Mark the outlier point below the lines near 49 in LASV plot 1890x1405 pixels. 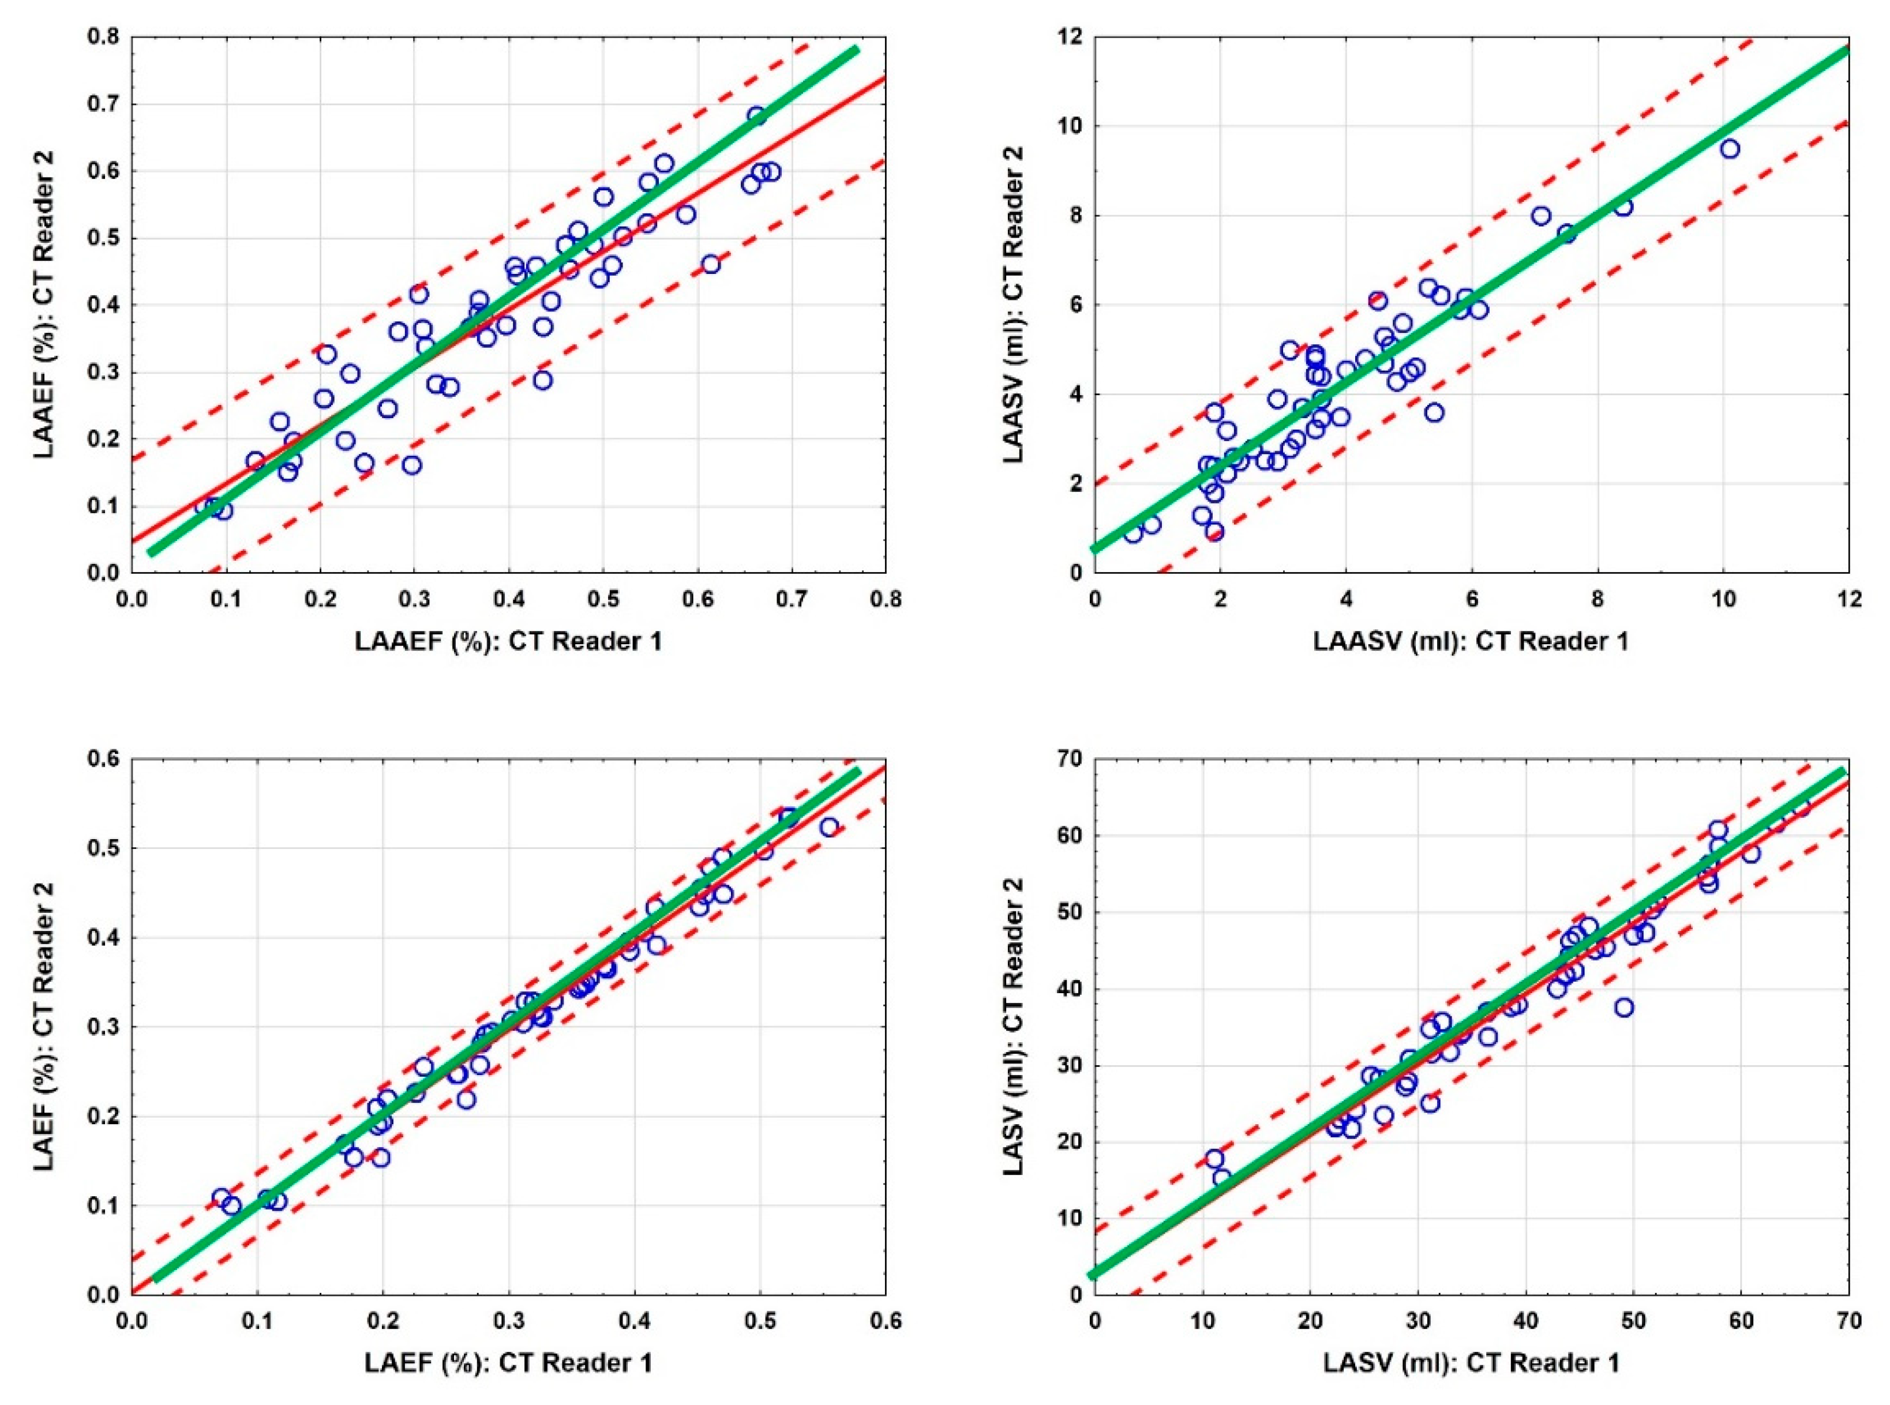pyautogui.click(x=1624, y=1007)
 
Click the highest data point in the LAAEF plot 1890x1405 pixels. pyautogui.click(x=757, y=116)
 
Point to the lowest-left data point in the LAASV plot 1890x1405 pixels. pyautogui.click(x=1133, y=534)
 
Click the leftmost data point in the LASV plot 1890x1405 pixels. pyautogui.click(x=1214, y=1158)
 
